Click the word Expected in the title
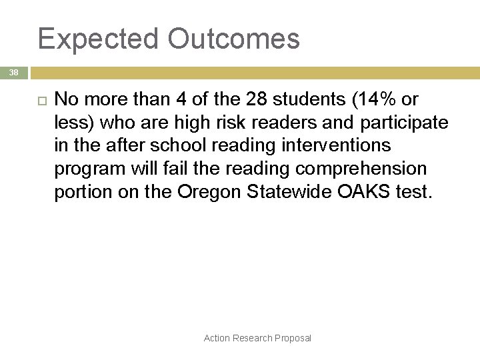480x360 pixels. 98,39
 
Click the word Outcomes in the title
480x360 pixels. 233,39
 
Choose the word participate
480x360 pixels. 405,123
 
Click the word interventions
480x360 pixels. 337,145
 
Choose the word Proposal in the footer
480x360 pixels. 294,338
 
